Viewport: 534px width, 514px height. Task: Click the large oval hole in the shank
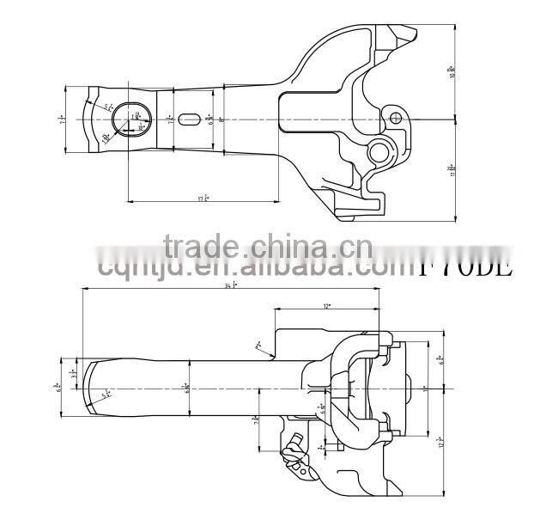130,118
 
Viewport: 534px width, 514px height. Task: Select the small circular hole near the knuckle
394,117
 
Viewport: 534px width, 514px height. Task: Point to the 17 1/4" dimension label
203,198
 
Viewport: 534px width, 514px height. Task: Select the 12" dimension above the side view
326,305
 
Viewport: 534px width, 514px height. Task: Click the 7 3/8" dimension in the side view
256,420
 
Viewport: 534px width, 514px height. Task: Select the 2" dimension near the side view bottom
320,447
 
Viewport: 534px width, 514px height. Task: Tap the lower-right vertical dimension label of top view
451,168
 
